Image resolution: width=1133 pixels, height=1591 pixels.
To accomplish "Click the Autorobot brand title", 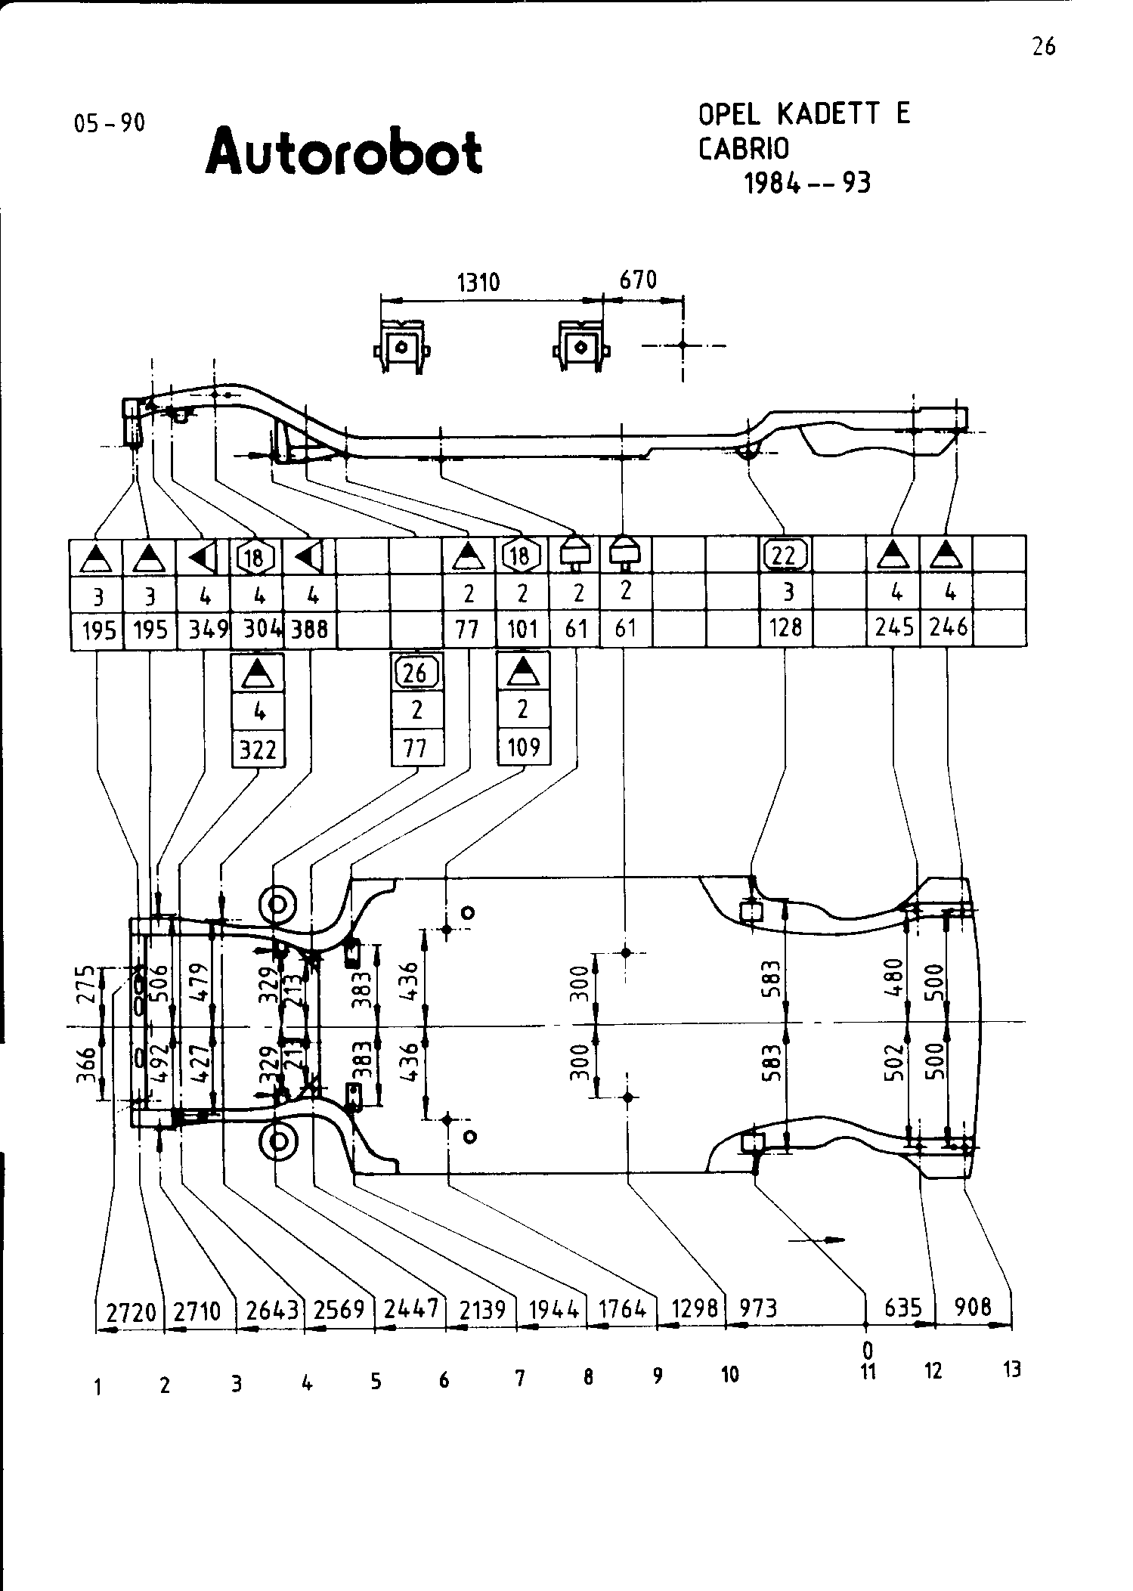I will pos(344,151).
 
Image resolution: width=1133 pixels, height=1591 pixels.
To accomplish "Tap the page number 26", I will pos(1043,47).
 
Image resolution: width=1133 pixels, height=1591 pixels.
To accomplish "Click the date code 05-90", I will pos(110,122).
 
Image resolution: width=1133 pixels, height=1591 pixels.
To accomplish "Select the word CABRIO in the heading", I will pos(744,149).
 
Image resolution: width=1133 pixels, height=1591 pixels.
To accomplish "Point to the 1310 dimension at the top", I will pos(479,283).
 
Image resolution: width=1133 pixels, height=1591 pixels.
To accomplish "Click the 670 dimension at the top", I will pos(639,280).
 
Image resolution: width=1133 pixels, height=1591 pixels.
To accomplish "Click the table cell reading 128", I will pos(785,628).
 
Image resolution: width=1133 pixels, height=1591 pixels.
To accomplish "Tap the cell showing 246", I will pos(948,628).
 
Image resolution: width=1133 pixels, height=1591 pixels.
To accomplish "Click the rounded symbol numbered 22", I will pos(785,556).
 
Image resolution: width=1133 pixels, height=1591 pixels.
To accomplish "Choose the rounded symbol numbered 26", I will pos(416,672).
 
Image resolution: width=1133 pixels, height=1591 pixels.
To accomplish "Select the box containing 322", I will pos(258,750).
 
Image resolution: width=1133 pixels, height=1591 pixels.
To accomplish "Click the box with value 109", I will pos(523,748).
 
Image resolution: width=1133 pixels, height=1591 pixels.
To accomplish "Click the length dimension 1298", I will pos(694,1308).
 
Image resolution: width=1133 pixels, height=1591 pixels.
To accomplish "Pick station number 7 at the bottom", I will pos(520,1379).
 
